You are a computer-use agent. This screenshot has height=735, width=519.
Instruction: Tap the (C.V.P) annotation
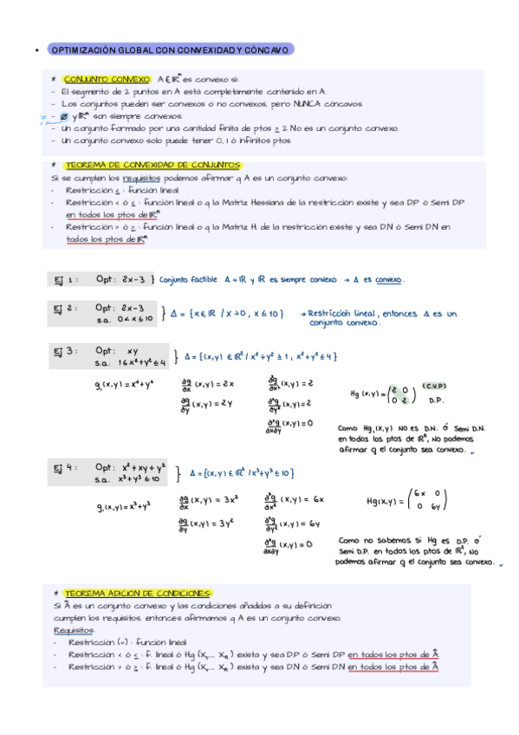click(434, 385)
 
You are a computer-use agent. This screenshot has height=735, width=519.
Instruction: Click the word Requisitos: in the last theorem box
click(74, 630)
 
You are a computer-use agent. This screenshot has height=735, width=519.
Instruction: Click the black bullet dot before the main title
click(32, 50)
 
